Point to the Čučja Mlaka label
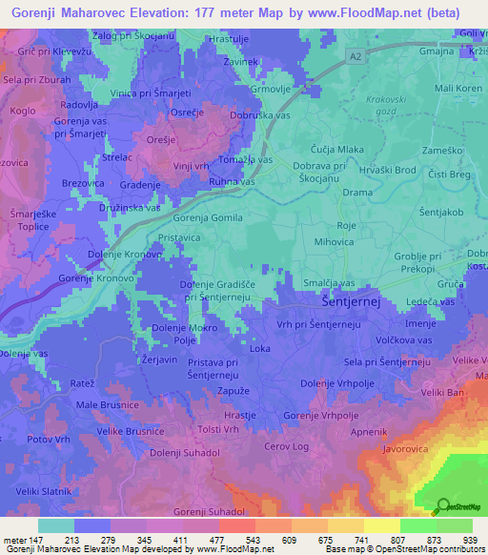pos(337,150)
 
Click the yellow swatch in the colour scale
pos(382,525)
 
